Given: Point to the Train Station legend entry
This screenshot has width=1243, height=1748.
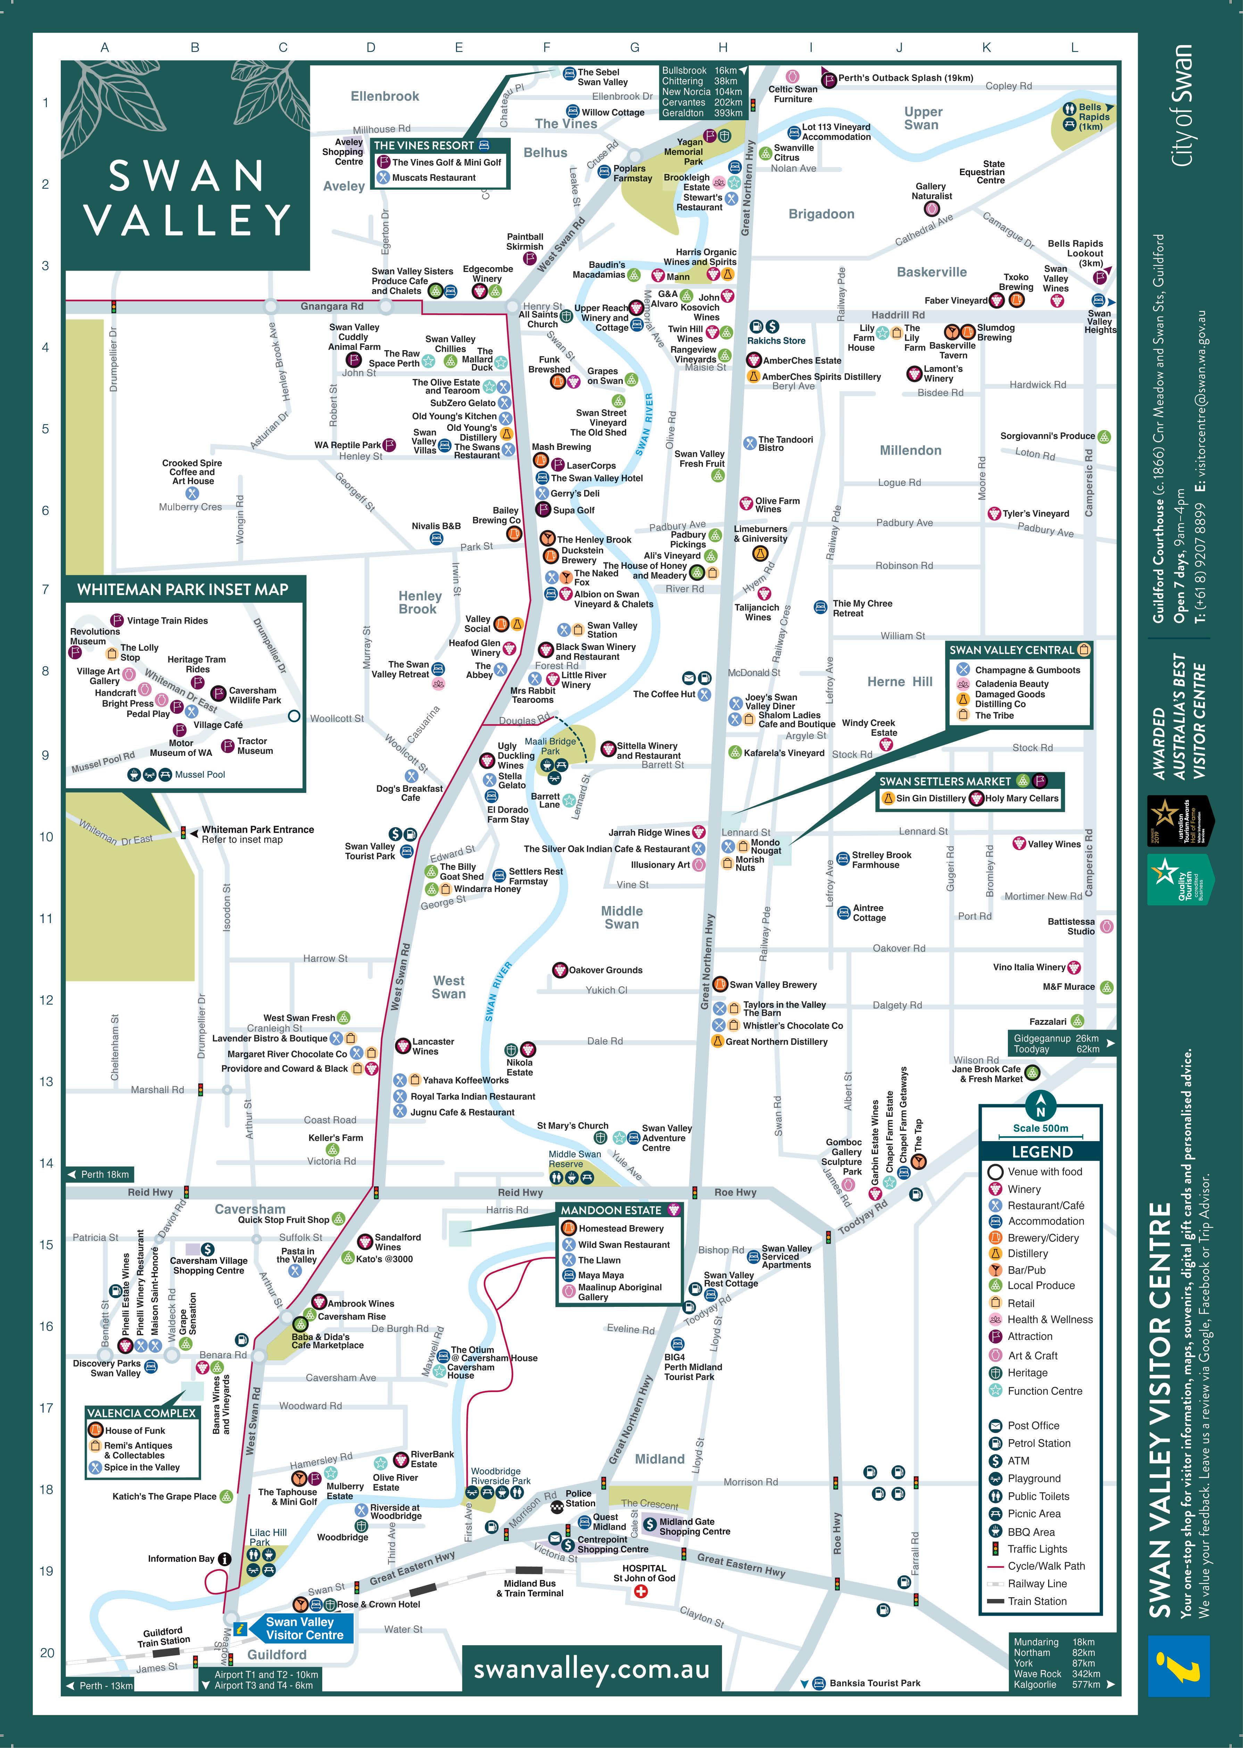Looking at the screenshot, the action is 1036,1601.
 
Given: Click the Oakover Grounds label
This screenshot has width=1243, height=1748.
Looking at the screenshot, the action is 605,970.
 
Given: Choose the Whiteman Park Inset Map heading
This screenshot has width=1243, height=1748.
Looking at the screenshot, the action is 183,589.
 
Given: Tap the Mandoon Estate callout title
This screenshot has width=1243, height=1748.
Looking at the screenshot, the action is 611,1210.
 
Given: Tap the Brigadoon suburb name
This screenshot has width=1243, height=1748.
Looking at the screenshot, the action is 821,214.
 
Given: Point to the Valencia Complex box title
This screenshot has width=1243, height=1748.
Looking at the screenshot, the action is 142,1413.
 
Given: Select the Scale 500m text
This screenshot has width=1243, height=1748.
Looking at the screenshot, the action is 1040,1128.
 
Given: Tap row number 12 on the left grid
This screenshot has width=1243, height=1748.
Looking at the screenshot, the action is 47,999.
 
